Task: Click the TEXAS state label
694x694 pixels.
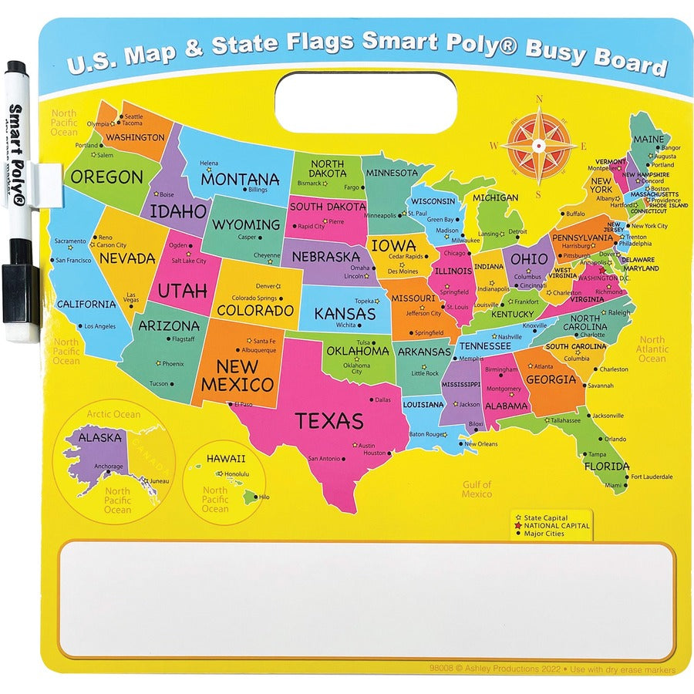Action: (x=328, y=421)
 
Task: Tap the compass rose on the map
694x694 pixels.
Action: (x=539, y=144)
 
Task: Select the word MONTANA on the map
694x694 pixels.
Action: (x=240, y=178)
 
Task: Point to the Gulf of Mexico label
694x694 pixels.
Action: (x=477, y=489)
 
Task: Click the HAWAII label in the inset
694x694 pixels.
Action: (x=226, y=458)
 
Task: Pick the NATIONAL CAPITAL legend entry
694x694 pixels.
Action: (x=556, y=526)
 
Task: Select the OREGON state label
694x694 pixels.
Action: (x=106, y=177)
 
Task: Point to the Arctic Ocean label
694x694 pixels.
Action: (x=113, y=414)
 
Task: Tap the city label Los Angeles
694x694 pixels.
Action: (x=99, y=326)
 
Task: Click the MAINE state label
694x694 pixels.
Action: (x=648, y=140)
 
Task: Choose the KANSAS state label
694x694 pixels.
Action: (x=345, y=314)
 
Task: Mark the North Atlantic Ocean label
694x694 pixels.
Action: (x=652, y=349)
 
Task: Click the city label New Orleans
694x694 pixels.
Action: (x=480, y=444)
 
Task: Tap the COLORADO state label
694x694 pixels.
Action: (x=255, y=311)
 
